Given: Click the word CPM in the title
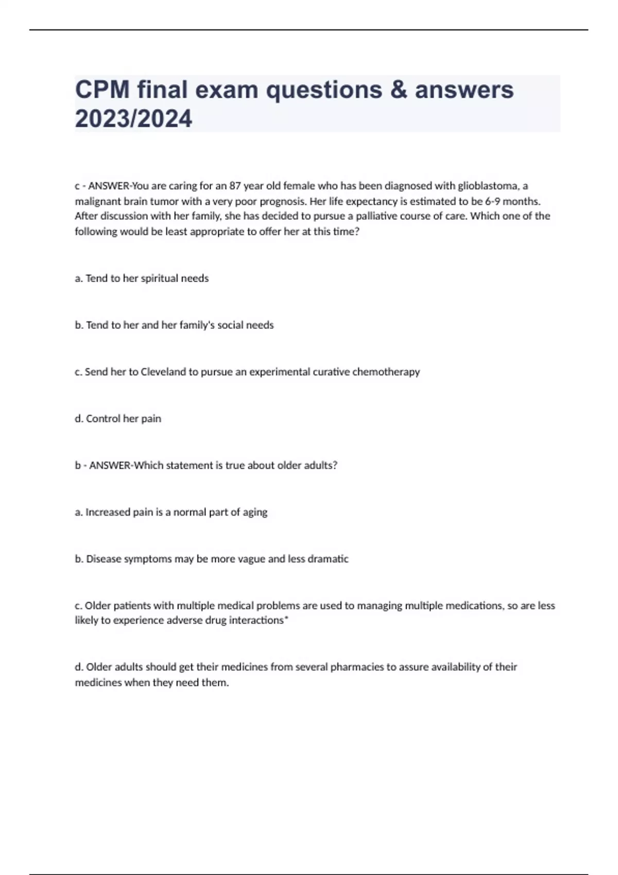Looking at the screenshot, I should pyautogui.click(x=102, y=90).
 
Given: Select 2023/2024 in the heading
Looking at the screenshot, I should pyautogui.click(x=133, y=118).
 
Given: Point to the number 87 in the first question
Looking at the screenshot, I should pyautogui.click(x=235, y=185).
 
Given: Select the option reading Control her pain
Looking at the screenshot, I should pyautogui.click(x=118, y=418).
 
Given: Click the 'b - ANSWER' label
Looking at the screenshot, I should pyautogui.click(x=103, y=465).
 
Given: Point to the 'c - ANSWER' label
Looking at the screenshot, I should pyautogui.click(x=102, y=185).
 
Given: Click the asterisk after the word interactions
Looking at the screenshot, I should pyautogui.click(x=286, y=619).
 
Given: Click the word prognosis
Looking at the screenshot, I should pyautogui.click(x=283, y=201).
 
